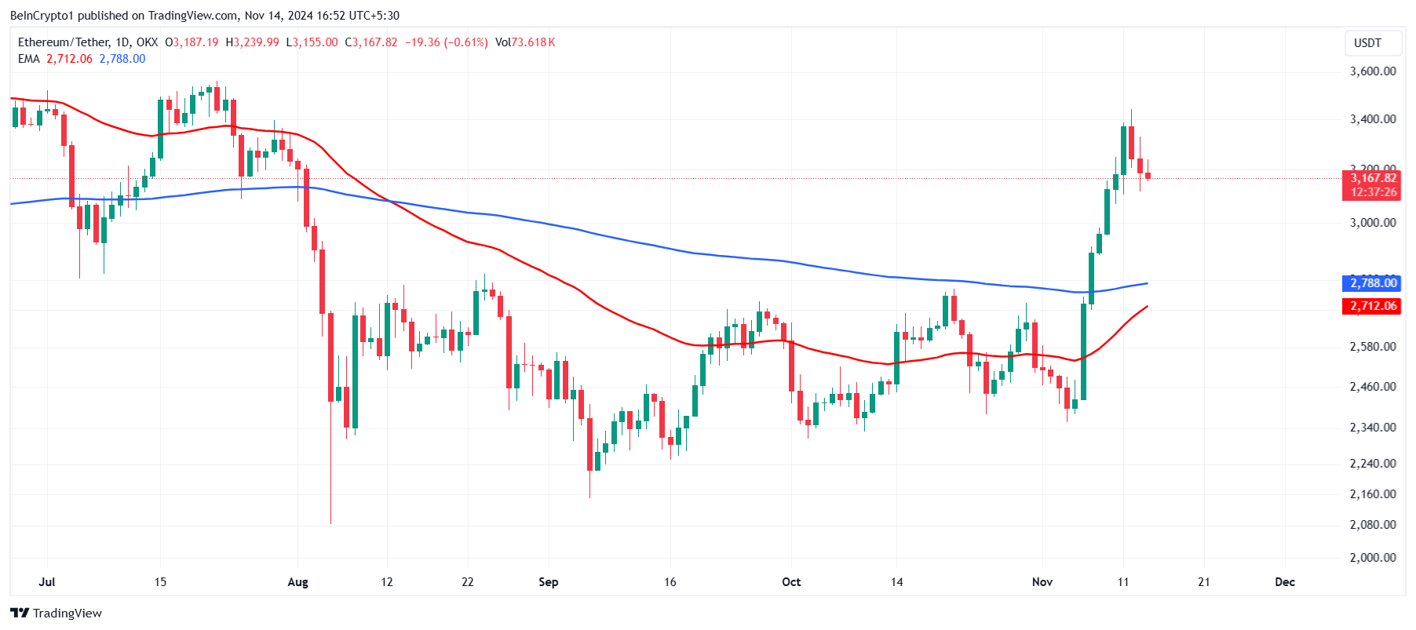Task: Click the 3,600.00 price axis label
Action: click(1372, 71)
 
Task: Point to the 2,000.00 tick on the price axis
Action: click(1372, 558)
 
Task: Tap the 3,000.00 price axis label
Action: click(1372, 223)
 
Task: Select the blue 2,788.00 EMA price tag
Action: click(1373, 283)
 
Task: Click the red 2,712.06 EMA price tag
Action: click(1373, 306)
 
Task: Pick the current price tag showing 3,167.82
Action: click(1373, 178)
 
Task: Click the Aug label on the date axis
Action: click(297, 582)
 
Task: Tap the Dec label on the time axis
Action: click(1284, 582)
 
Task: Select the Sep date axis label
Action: click(548, 582)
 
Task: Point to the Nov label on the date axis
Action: click(1042, 582)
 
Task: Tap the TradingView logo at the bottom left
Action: click(56, 613)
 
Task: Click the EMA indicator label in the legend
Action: click(28, 59)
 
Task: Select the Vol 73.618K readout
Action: click(525, 42)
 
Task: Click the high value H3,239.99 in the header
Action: click(252, 42)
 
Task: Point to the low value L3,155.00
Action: click(312, 42)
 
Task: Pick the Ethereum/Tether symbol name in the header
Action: click(65, 42)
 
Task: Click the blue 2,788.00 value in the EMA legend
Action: click(122, 59)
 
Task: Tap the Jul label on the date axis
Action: click(46, 582)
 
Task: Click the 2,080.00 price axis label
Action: click(1372, 525)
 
